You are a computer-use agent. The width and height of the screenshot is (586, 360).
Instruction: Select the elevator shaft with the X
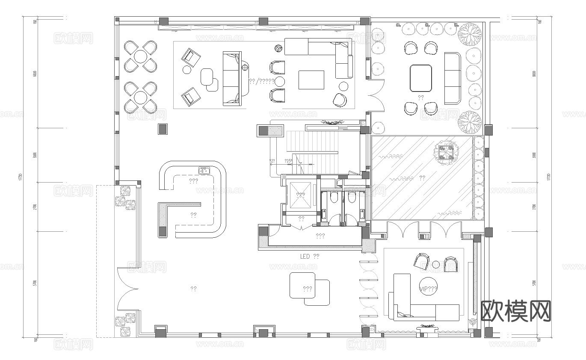click(301, 195)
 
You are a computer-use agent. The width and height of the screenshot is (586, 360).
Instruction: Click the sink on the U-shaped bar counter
click(203, 171)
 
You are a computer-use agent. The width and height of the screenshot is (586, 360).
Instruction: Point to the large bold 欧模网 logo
click(516, 311)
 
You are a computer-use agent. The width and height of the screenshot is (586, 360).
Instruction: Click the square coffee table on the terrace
click(420, 78)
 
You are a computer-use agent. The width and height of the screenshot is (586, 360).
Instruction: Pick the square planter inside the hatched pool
click(445, 152)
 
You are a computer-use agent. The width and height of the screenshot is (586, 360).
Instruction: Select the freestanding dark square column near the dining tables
click(163, 129)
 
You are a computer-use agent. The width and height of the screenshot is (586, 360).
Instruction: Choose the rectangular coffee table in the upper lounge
click(311, 80)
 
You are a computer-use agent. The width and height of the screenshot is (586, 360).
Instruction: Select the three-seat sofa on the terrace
click(452, 78)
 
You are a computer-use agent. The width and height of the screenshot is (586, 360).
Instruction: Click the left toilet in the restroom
click(334, 197)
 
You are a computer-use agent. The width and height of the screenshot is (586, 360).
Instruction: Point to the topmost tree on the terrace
click(468, 34)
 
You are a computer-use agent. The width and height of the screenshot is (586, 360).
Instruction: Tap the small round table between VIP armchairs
click(435, 265)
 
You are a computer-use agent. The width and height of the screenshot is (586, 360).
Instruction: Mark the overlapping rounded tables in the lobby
click(309, 289)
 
